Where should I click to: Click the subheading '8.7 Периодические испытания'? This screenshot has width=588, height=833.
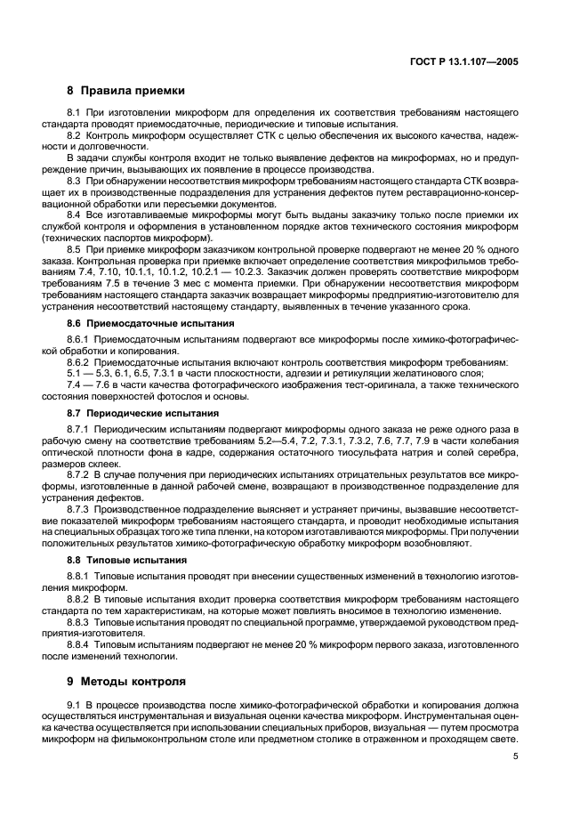(x=131, y=414)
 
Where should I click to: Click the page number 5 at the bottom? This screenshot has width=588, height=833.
(x=516, y=757)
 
